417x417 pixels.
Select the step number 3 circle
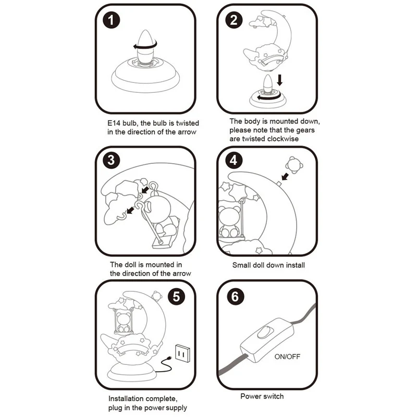pyautogui.click(x=111, y=160)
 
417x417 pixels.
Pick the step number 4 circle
pyautogui.click(x=234, y=160)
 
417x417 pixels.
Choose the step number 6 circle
pyautogui.click(x=234, y=298)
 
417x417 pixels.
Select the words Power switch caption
pyautogui.click(x=262, y=396)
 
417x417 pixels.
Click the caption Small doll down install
pyautogui.click(x=268, y=265)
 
